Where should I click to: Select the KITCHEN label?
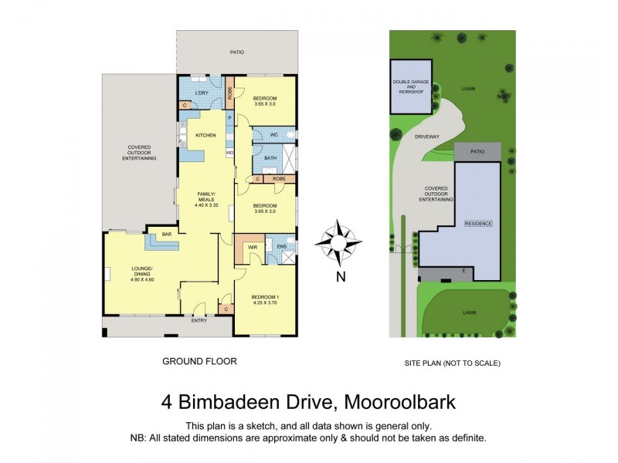(205, 136)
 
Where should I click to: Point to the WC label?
(274, 135)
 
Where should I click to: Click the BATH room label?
(270, 158)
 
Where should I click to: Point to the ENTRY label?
(199, 320)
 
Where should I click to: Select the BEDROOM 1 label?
(265, 299)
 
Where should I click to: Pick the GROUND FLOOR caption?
(199, 360)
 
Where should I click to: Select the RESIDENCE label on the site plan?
(477, 223)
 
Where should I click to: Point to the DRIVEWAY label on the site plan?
(426, 137)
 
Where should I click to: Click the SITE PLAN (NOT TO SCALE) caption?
(453, 363)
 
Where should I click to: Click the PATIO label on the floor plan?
(237, 52)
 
